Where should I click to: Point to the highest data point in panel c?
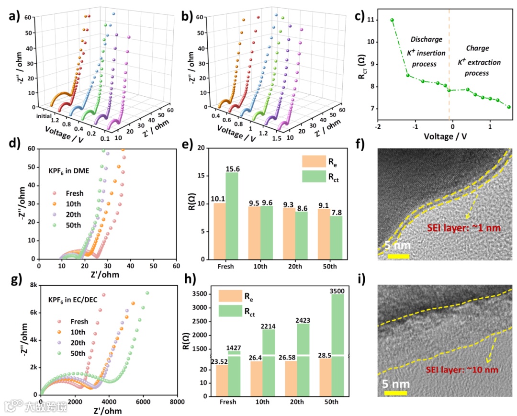coord(392,20)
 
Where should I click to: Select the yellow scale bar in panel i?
coord(395,393)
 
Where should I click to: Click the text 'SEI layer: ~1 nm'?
coord(464,228)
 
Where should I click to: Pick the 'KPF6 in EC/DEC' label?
coord(74,301)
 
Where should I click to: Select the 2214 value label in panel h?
coord(269,326)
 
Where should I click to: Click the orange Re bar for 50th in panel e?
coord(323,234)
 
